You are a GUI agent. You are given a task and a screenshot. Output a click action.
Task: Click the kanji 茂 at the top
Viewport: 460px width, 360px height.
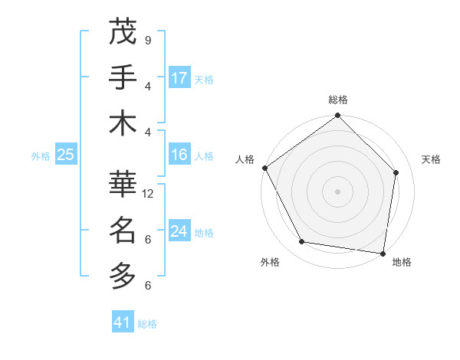click(x=123, y=32)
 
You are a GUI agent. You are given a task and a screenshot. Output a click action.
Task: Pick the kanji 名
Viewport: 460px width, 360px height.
click(x=123, y=228)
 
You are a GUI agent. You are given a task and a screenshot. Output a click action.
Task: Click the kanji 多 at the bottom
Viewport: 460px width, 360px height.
click(x=123, y=273)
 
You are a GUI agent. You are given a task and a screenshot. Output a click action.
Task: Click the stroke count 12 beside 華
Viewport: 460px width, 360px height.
click(x=149, y=194)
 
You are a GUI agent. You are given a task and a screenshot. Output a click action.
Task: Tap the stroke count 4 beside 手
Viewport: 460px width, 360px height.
click(x=147, y=86)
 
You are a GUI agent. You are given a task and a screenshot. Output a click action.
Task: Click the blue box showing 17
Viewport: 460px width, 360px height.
click(x=179, y=78)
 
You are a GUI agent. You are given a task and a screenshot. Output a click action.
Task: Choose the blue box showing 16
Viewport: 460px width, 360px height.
click(x=179, y=155)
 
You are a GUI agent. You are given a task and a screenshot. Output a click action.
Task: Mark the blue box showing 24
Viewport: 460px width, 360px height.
click(x=179, y=231)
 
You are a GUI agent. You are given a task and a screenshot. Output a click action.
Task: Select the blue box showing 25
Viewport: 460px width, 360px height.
click(x=65, y=155)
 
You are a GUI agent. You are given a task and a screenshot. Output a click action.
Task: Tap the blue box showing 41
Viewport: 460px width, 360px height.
click(x=123, y=322)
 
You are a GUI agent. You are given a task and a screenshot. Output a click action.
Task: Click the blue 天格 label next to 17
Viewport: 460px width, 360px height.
click(x=204, y=79)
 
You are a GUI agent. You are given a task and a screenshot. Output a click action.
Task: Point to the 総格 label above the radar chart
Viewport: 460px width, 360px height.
click(x=338, y=100)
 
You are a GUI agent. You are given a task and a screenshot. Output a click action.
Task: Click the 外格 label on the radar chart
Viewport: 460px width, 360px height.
click(x=270, y=262)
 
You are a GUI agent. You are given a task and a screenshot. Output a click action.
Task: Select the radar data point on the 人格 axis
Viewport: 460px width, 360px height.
click(x=265, y=168)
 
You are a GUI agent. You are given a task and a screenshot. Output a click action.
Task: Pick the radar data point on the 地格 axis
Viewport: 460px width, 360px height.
click(x=383, y=253)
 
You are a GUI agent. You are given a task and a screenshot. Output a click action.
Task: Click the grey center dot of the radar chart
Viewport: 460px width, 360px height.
click(x=337, y=191)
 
